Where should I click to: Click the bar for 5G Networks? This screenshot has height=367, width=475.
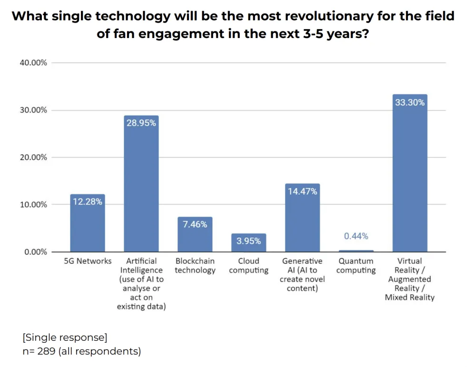click(x=88, y=224)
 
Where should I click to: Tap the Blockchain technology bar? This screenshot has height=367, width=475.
click(x=195, y=238)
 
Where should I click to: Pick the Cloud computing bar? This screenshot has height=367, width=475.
click(x=248, y=245)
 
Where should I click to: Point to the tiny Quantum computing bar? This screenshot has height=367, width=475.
click(x=356, y=251)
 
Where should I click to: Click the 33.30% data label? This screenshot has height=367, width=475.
click(x=410, y=102)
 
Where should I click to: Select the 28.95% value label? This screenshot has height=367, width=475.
click(x=141, y=123)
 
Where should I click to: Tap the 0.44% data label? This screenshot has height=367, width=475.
click(x=356, y=236)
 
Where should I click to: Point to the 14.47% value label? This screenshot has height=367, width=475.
click(x=302, y=191)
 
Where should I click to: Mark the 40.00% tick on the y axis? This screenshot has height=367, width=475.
click(x=33, y=63)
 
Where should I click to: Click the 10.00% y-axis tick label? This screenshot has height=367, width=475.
click(x=33, y=205)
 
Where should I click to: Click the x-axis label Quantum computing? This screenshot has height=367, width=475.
click(x=356, y=266)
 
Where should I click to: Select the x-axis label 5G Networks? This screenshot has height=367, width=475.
click(x=88, y=261)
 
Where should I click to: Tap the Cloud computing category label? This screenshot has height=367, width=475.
click(x=248, y=266)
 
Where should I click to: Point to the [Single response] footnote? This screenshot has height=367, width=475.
click(x=65, y=337)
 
